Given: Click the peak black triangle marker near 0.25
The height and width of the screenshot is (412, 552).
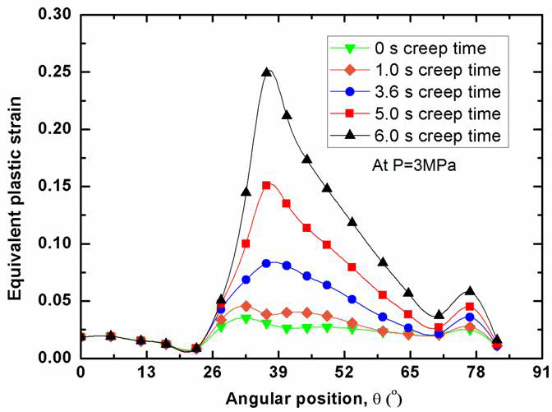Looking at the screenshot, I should (266, 72).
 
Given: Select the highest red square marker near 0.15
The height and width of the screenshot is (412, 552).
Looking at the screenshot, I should (266, 185).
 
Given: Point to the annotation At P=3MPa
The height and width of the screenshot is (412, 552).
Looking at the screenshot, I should (411, 164).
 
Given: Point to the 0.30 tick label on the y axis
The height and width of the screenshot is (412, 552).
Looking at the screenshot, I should (56, 15).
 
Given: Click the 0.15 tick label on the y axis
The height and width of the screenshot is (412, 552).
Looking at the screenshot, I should (56, 187).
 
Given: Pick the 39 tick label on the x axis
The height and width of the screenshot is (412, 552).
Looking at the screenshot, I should (278, 373).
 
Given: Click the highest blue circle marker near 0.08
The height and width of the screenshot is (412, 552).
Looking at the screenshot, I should (266, 263).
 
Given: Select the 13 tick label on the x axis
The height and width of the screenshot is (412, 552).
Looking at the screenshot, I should (146, 373).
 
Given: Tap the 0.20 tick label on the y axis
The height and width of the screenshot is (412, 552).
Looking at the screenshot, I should (56, 129).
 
